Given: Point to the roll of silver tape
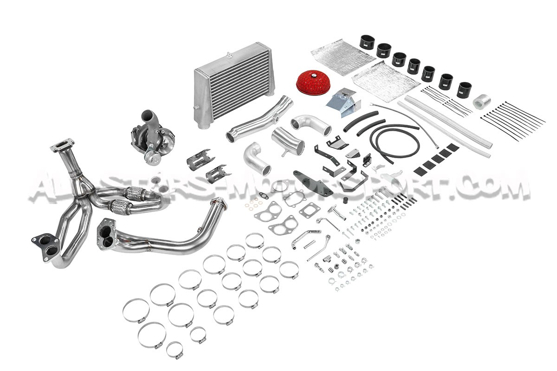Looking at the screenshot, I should (480, 101).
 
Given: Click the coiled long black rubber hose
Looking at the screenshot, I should (394, 141).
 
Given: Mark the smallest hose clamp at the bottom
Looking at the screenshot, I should (175, 350).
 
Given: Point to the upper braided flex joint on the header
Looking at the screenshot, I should (135, 193).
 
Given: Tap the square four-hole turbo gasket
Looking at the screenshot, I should (308, 211).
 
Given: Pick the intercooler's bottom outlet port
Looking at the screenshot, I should (203, 124).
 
